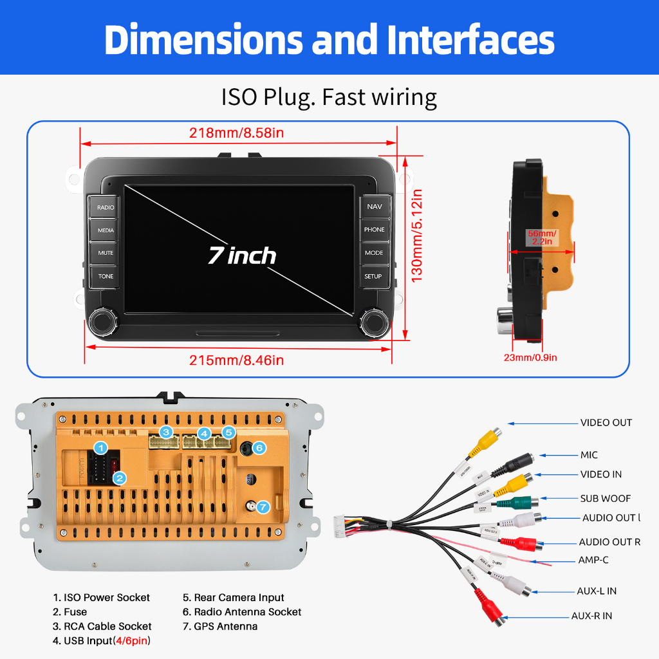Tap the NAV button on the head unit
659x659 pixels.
[374, 207]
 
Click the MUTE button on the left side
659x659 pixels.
[106, 253]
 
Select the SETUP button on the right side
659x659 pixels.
[373, 276]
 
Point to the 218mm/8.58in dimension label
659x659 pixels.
[236, 133]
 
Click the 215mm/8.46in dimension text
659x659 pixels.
[236, 360]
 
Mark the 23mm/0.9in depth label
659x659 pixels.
[530, 357]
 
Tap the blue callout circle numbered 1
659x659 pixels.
[100, 447]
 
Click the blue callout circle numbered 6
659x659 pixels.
[259, 447]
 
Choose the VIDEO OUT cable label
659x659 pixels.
[606, 423]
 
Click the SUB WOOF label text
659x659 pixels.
[606, 498]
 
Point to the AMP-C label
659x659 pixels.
[593, 560]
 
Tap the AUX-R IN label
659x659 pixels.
[592, 616]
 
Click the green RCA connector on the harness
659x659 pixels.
[523, 502]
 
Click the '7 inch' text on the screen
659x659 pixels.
[241, 255]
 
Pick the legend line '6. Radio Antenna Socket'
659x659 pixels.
[241, 612]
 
